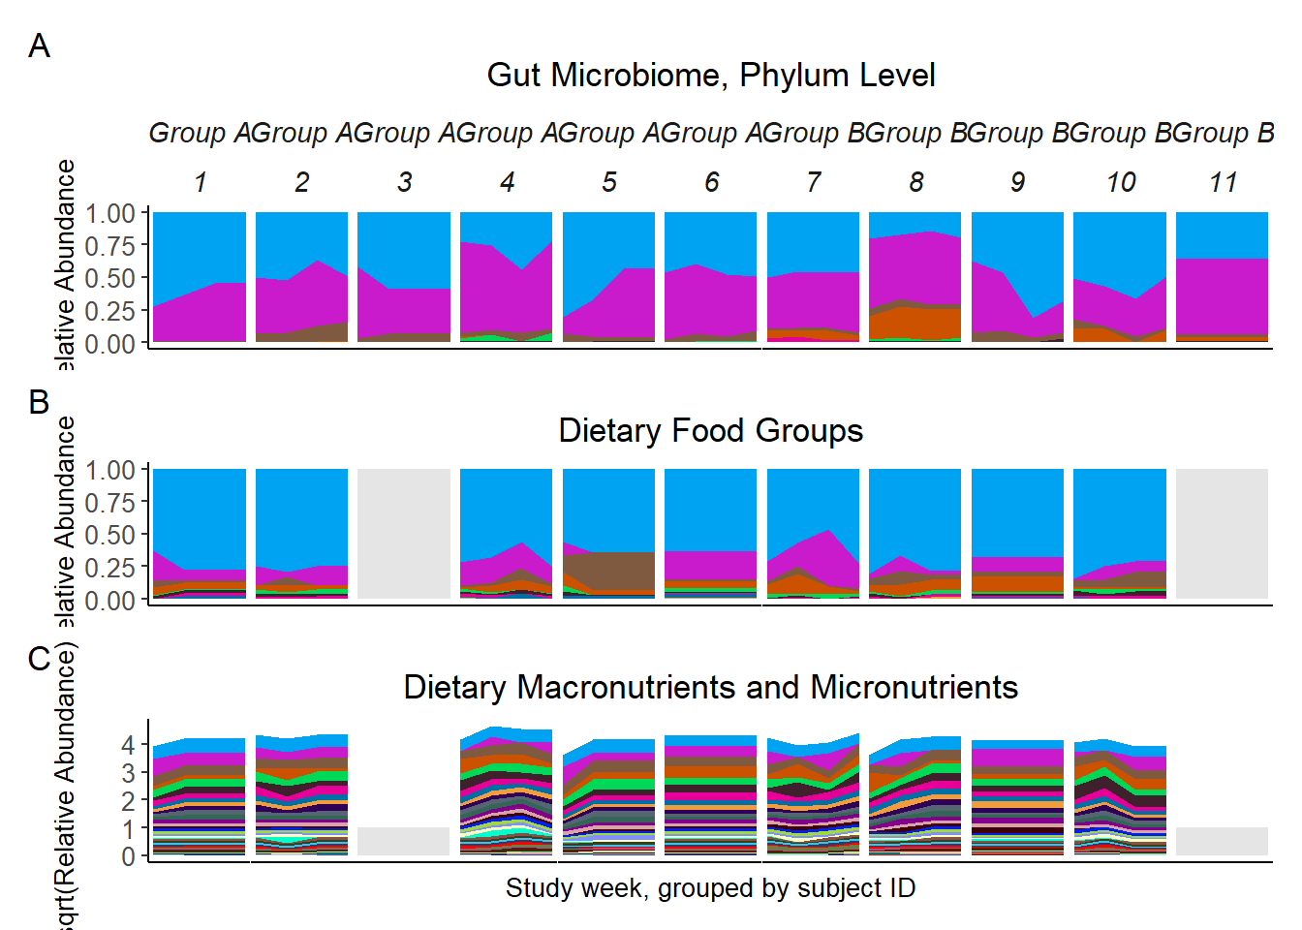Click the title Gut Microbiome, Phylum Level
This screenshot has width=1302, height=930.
[710, 76]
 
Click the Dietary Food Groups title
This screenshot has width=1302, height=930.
[710, 430]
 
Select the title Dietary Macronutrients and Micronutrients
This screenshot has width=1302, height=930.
[710, 687]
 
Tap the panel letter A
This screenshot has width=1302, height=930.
[39, 46]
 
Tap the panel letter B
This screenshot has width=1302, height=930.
[39, 401]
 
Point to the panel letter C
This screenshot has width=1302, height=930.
[39, 659]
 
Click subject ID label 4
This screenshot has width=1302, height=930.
[507, 182]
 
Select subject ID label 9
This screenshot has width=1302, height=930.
[1017, 182]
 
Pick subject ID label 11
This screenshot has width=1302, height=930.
[1223, 182]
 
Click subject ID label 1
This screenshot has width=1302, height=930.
[200, 182]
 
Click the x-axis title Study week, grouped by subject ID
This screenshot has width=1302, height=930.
[710, 887]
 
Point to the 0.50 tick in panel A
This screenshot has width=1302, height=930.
[109, 278]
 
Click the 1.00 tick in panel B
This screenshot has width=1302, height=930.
[109, 470]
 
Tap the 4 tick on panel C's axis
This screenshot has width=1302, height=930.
[128, 745]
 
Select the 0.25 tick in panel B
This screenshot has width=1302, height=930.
[109, 568]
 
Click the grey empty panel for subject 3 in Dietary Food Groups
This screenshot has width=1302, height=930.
[404, 534]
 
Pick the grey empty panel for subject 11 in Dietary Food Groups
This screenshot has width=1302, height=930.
[1222, 534]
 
